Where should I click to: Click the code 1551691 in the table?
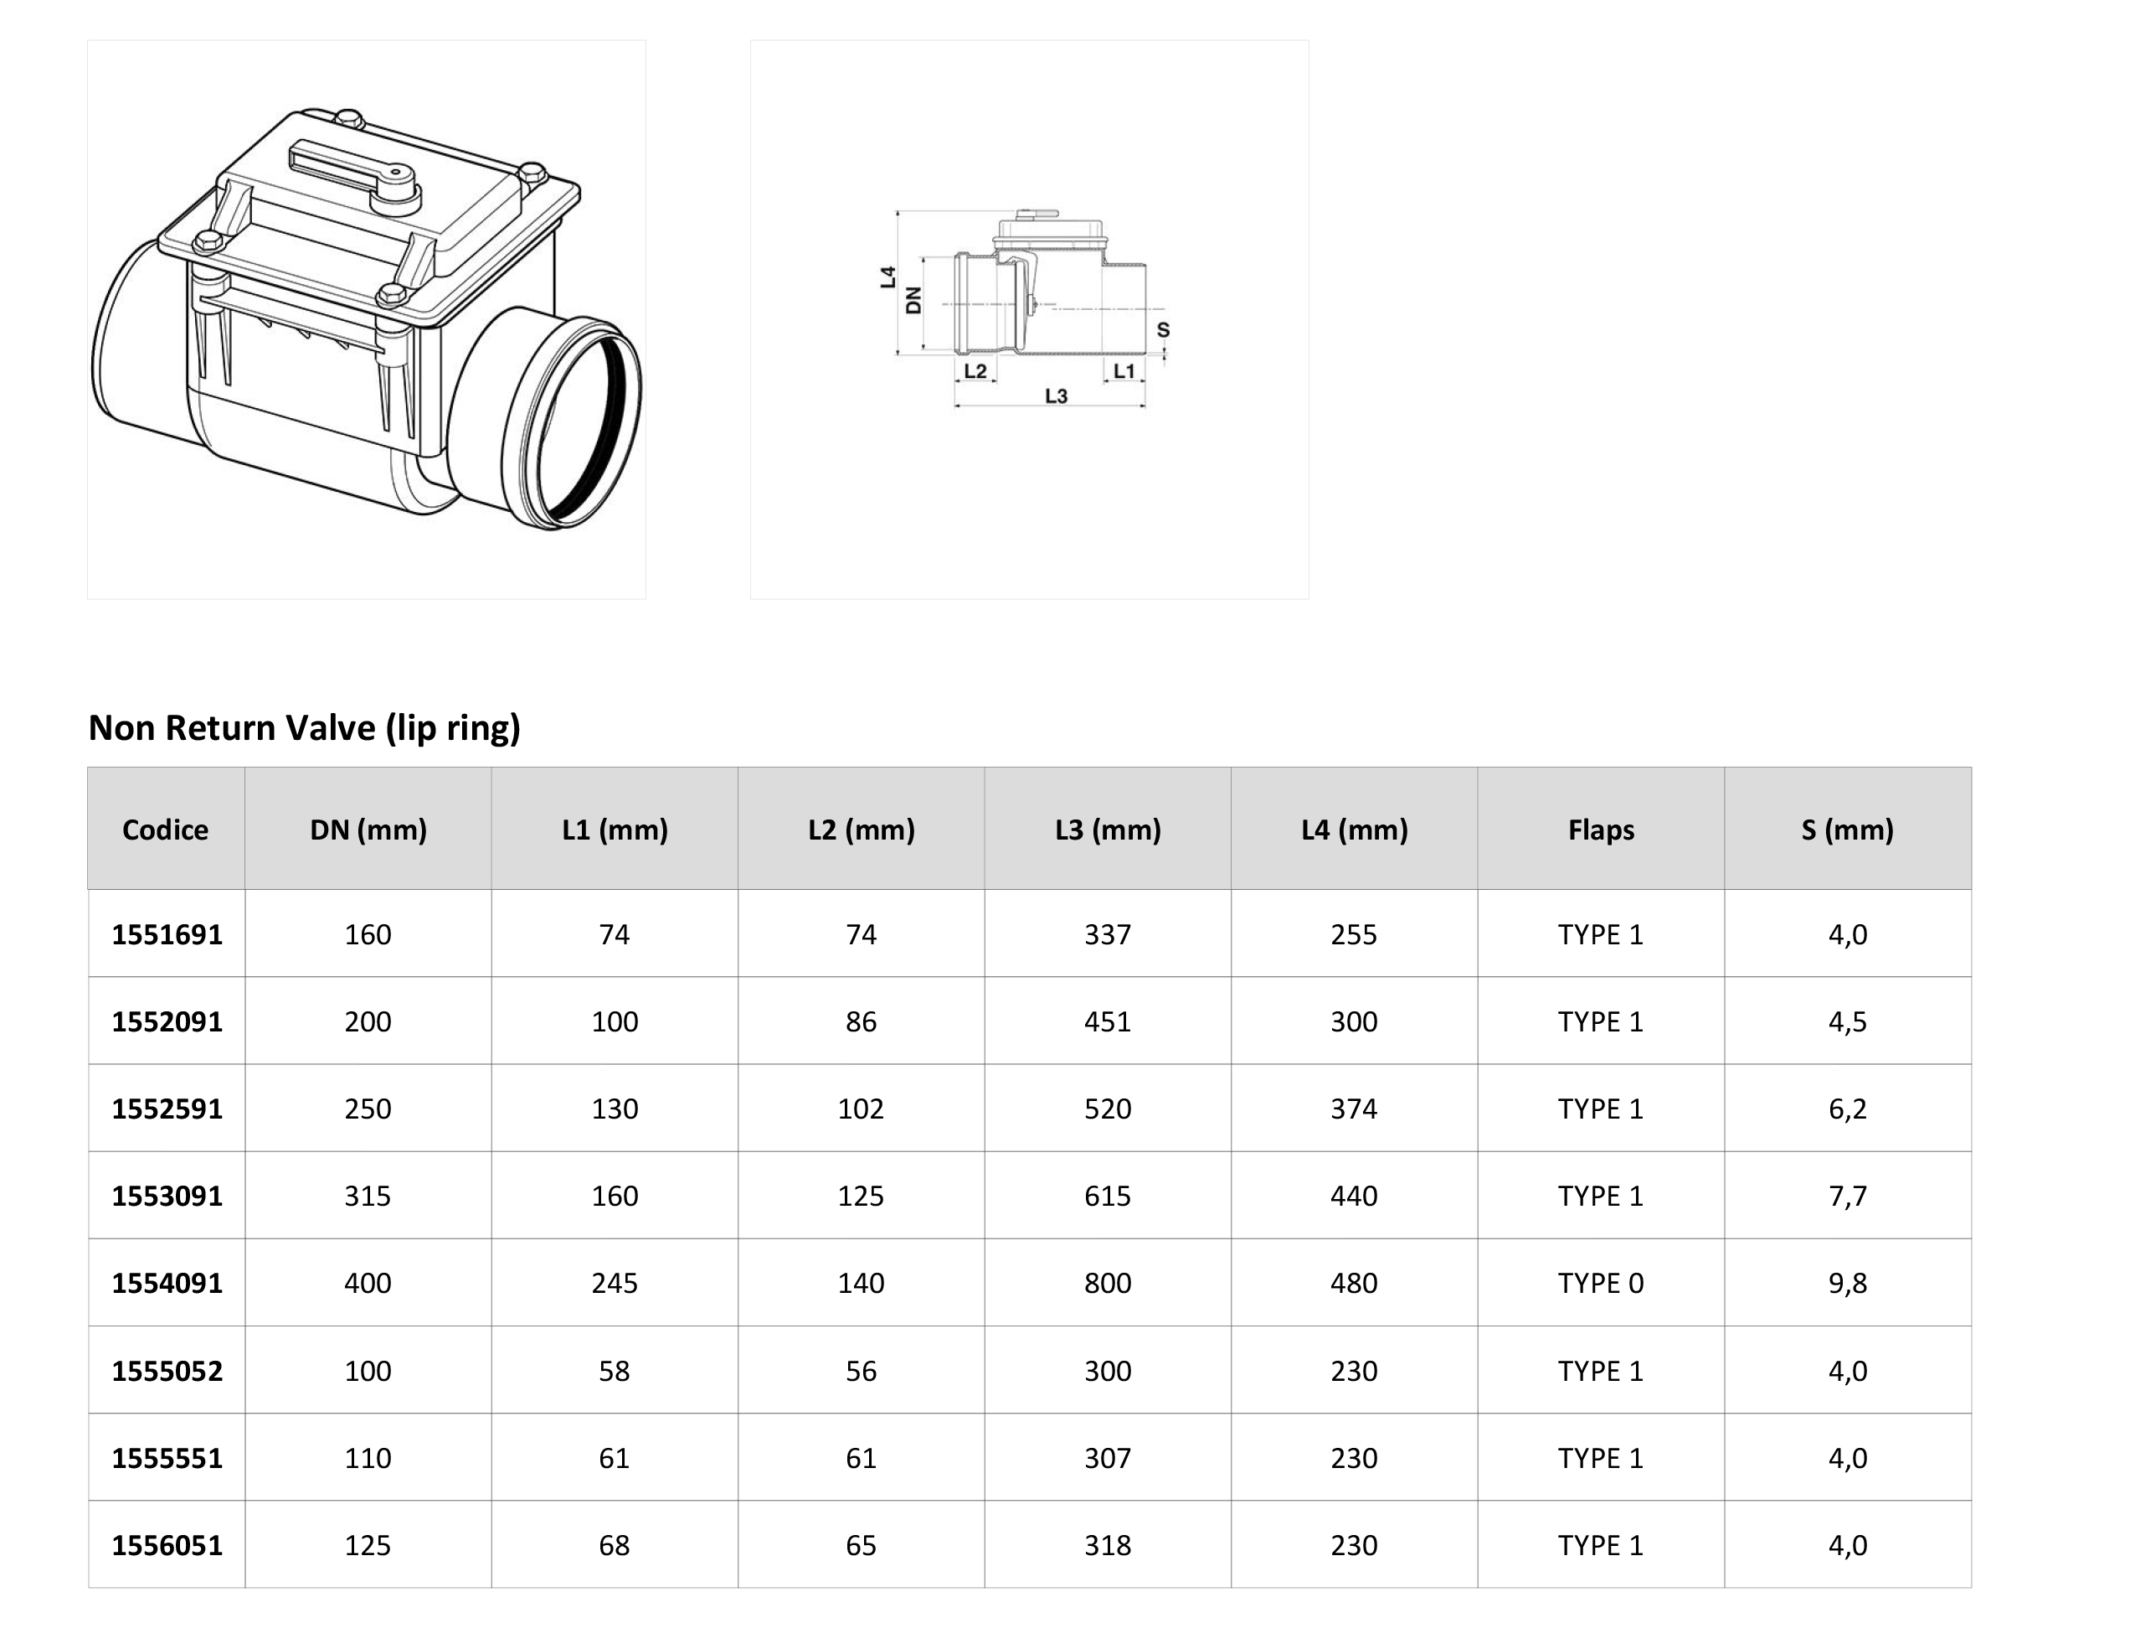point(167,934)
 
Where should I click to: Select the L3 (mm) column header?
point(1108,830)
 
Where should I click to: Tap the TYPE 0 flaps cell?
point(1600,1282)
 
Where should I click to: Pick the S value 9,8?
point(1848,1282)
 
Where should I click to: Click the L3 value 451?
point(1108,1021)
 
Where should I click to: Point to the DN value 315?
point(368,1195)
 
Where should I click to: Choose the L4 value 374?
point(1354,1109)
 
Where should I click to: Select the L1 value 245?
point(615,1282)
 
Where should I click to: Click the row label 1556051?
point(167,1545)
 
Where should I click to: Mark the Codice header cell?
point(165,830)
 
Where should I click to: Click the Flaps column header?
point(1600,830)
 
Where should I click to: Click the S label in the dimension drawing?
point(1163,329)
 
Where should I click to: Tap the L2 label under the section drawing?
point(975,370)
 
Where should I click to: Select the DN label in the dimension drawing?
point(914,300)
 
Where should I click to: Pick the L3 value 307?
point(1108,1457)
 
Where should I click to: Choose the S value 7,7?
point(1848,1195)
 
